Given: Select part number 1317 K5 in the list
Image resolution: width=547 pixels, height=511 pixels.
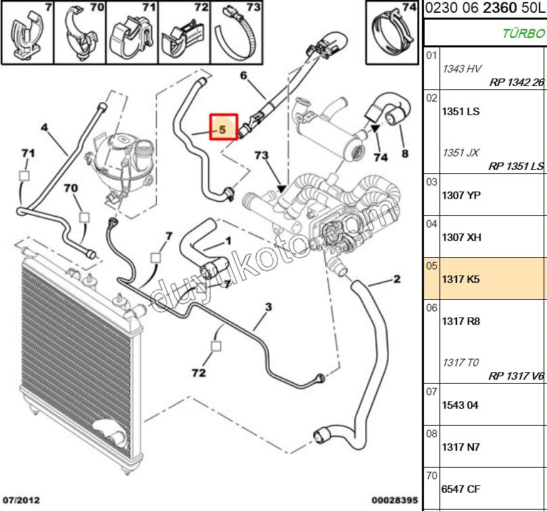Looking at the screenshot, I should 460,279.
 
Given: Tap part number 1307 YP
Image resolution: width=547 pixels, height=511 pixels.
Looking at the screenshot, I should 461,195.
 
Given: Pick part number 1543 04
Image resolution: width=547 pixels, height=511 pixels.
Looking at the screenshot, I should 460,405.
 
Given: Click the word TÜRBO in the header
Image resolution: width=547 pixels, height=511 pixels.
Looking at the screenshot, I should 523,32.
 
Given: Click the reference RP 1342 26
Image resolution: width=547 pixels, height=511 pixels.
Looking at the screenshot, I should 516,83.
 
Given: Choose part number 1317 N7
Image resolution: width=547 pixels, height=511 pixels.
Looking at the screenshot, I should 460,447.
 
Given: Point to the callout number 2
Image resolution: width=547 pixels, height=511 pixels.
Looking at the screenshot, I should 397,280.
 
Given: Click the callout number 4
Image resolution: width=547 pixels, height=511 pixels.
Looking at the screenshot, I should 45,127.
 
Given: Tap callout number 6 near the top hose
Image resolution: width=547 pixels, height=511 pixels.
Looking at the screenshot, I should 243,75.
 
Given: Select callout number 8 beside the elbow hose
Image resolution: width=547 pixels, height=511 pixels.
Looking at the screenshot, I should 404,154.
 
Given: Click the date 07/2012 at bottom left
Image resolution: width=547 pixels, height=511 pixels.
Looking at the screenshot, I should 21,501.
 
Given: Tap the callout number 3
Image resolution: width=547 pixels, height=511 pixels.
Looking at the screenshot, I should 268,308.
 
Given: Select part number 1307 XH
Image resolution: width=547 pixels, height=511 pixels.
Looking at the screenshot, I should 461,237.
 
